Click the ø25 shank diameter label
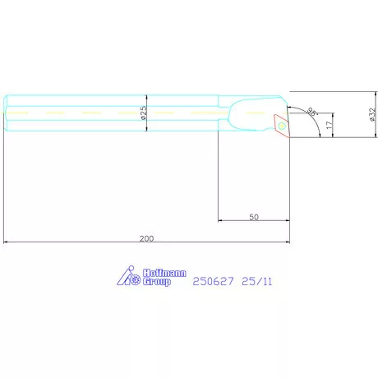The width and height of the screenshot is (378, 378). click(144, 113)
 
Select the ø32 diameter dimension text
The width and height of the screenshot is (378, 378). click(371, 114)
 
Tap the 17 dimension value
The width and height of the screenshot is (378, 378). click(329, 125)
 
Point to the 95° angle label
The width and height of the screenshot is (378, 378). click(311, 111)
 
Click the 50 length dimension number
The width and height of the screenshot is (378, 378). click(254, 217)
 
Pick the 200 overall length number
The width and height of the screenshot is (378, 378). click(146, 238)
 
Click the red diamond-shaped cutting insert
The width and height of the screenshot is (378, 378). click(282, 126)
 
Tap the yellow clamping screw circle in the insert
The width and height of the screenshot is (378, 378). click(282, 126)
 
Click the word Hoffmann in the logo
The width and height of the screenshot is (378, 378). click(164, 273)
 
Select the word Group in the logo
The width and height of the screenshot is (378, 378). click(157, 282)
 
